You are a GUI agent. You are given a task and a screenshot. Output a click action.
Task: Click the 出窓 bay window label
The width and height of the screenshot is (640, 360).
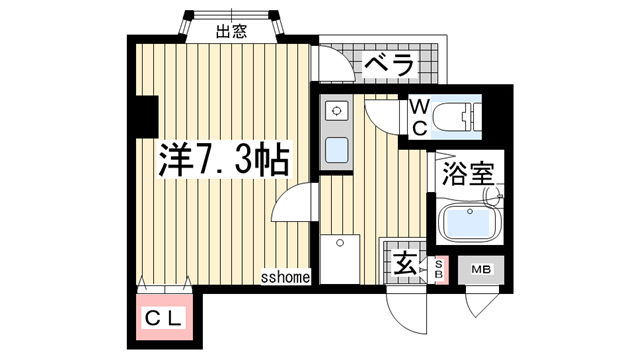point(231,30)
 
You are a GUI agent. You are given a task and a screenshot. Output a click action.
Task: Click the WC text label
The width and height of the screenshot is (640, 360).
point(419,117)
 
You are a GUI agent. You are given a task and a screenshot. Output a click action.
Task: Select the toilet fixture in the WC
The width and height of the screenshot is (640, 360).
point(460,118)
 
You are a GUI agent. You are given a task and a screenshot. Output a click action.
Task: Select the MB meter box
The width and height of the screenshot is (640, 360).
point(482,269)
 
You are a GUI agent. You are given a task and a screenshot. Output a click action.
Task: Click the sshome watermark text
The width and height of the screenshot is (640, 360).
point(285,277)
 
